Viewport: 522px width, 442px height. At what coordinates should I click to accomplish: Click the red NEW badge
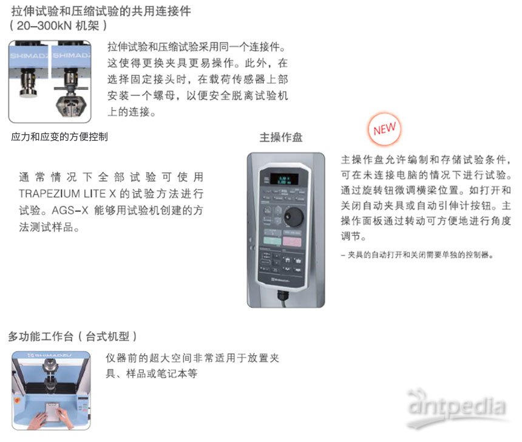point(384,129)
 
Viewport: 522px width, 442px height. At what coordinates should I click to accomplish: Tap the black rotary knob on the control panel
point(294,217)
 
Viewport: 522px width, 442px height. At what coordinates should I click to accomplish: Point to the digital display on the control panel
point(283,179)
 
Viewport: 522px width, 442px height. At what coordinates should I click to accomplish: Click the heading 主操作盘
point(281,137)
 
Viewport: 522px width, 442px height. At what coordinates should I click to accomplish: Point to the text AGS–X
point(70,211)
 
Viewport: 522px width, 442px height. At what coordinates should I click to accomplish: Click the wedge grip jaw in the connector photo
point(71,106)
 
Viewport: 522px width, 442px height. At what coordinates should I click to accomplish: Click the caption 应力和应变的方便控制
point(59,137)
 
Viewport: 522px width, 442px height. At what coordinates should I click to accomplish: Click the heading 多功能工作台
point(41,336)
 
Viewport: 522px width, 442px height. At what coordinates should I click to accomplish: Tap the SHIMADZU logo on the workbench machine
point(50,355)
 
